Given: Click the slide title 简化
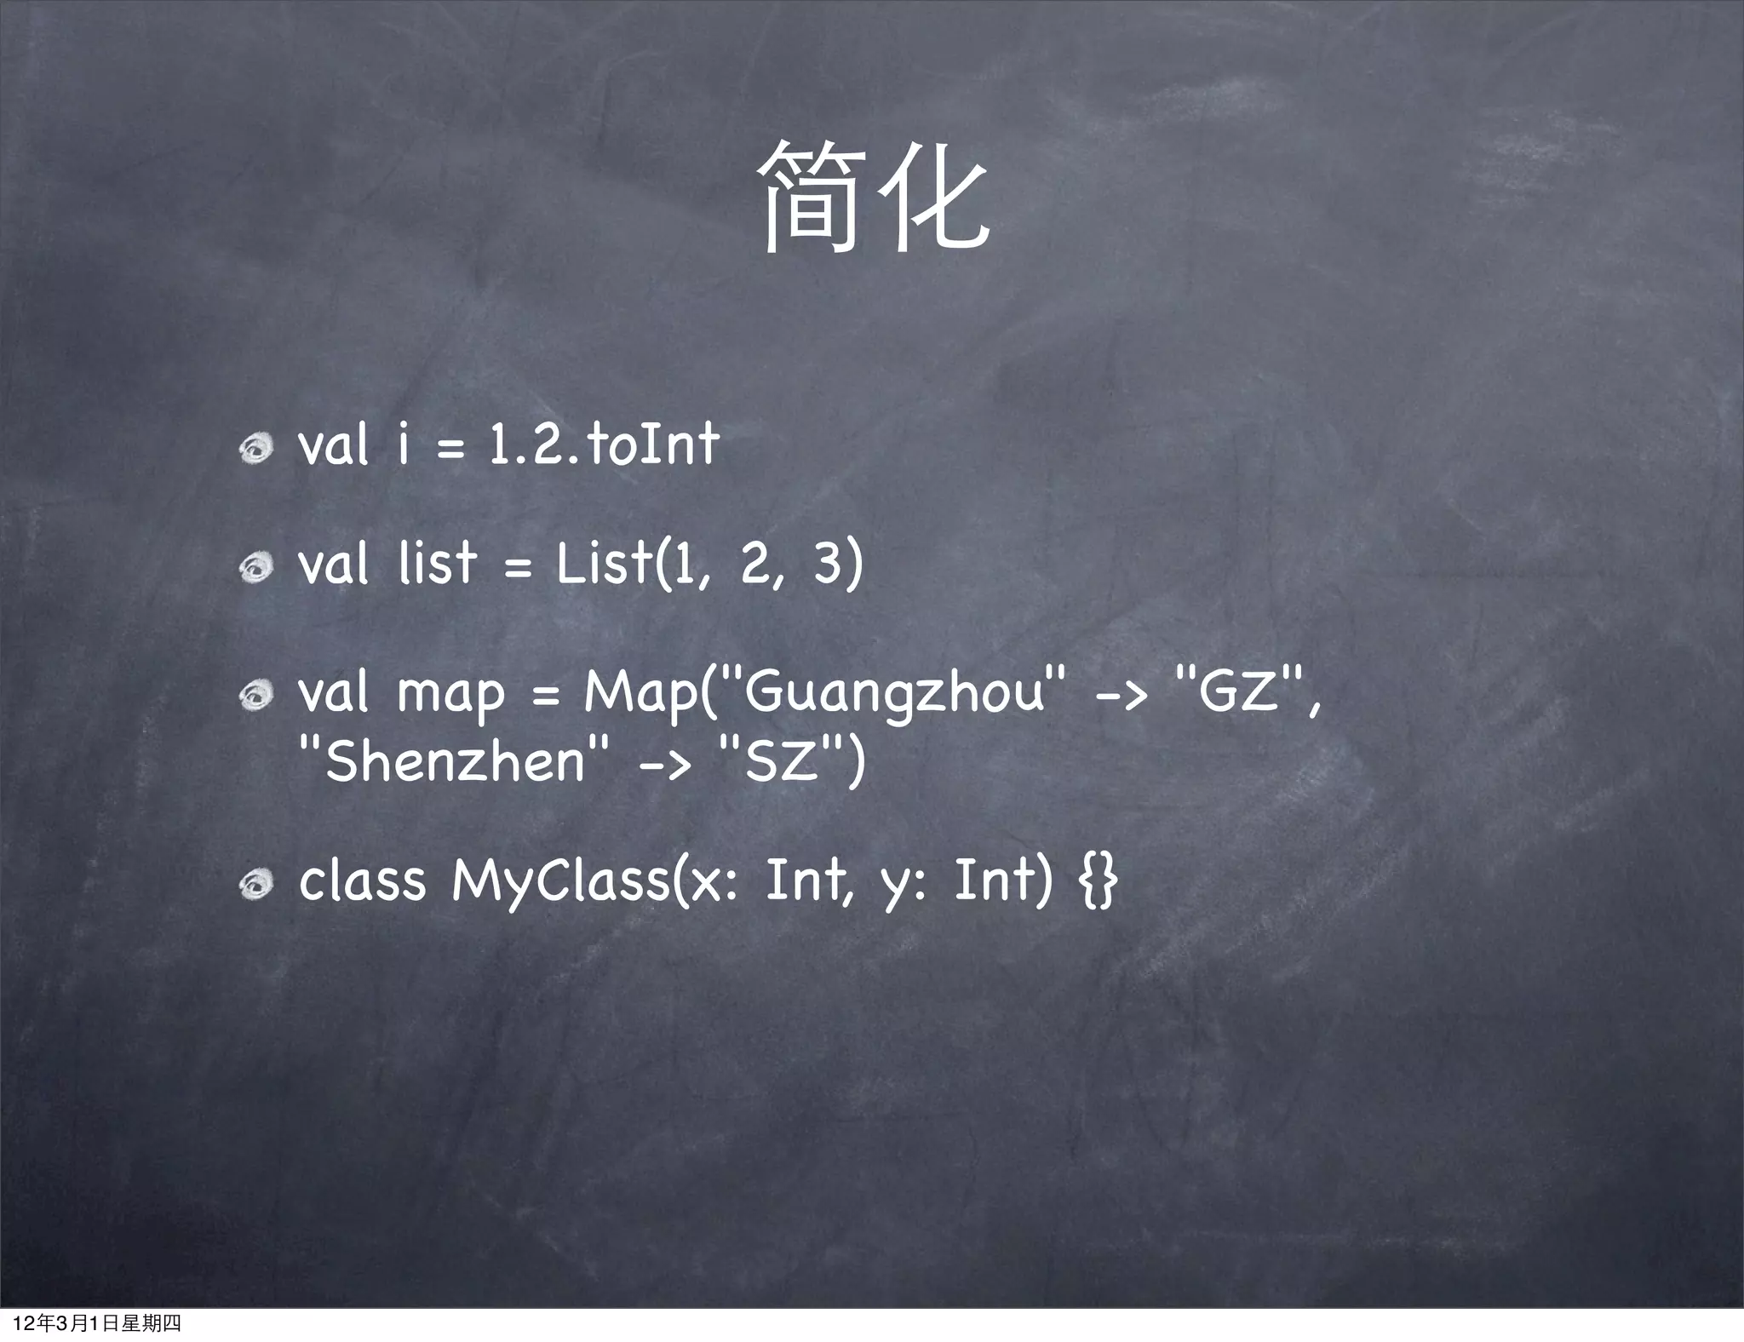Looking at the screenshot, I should pyautogui.click(x=873, y=198).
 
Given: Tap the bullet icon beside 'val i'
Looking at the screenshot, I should pyautogui.click(x=255, y=447).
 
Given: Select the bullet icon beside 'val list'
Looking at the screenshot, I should pyautogui.click(x=255, y=566).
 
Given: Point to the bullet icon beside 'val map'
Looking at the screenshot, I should pyautogui.click(x=255, y=696).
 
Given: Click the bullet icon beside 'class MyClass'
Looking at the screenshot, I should pyautogui.click(x=255, y=885).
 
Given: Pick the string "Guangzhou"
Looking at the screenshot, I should pyautogui.click(x=893, y=691).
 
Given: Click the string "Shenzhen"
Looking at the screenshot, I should pyautogui.click(x=455, y=760).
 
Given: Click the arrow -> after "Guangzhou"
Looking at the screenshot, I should pyautogui.click(x=1121, y=694).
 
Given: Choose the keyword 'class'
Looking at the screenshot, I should pyautogui.click(x=362, y=880).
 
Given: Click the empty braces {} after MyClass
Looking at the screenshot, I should pyautogui.click(x=1098, y=880).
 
